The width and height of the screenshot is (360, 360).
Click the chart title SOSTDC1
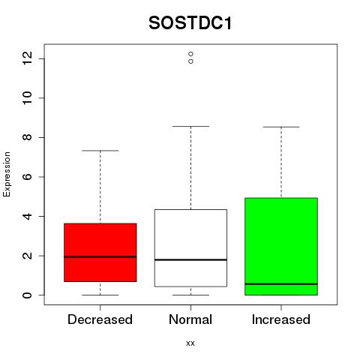(190, 23)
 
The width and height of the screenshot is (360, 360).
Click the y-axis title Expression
(7, 174)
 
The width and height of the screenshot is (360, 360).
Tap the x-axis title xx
(190, 343)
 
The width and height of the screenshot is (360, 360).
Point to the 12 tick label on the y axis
(27, 58)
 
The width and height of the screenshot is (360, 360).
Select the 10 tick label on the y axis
(27, 97)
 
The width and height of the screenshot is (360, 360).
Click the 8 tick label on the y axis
(27, 137)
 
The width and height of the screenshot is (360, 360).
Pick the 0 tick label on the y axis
(27, 295)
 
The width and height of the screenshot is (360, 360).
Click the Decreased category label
(100, 319)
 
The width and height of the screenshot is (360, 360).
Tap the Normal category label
(190, 319)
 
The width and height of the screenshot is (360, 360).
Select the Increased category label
(281, 319)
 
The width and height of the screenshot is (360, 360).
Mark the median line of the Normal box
(190, 259)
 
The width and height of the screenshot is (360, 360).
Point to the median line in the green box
(281, 284)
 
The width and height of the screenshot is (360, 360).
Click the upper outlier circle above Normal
(190, 54)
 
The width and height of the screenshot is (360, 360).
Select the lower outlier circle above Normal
(190, 61)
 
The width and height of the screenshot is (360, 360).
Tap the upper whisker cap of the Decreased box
(100, 151)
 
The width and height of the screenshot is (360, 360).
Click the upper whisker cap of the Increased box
(281, 127)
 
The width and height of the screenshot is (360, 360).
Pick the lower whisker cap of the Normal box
(190, 295)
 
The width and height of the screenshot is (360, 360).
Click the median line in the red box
(100, 256)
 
